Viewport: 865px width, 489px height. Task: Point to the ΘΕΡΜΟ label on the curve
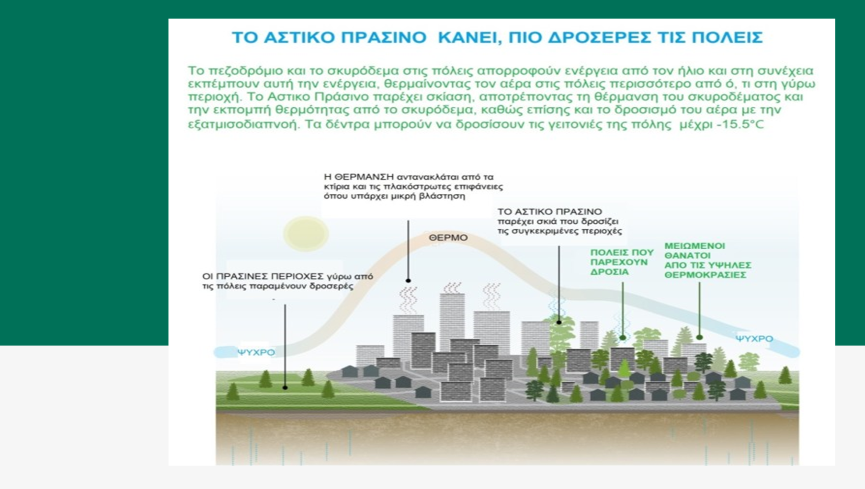[448, 237]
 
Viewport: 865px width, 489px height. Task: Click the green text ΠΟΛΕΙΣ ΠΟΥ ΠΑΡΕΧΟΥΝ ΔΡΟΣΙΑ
[622, 262]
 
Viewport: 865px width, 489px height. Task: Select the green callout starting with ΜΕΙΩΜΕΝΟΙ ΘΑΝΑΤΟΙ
[708, 260]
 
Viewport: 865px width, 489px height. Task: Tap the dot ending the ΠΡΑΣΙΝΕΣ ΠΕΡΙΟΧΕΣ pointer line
[285, 387]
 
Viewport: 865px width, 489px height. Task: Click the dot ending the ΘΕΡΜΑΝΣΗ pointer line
[408, 280]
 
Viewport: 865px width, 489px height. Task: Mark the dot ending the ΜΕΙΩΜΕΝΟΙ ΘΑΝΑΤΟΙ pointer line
[699, 337]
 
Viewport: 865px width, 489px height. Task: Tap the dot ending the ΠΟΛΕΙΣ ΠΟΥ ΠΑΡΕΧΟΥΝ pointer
[623, 338]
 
